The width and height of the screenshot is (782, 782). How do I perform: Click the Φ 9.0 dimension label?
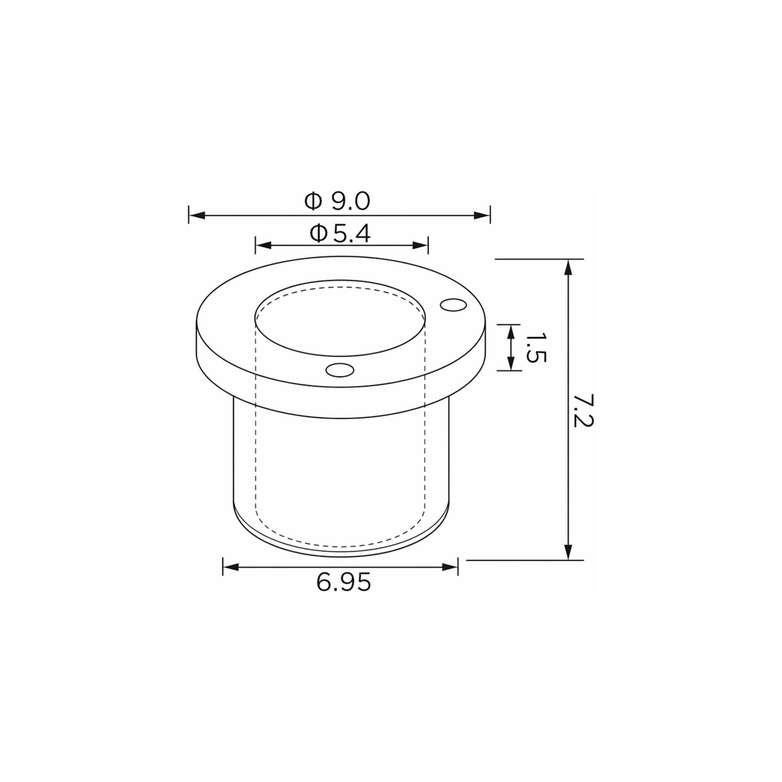click(337, 201)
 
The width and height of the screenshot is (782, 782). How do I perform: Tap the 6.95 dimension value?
click(344, 582)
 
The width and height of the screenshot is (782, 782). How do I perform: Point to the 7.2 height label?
click(584, 410)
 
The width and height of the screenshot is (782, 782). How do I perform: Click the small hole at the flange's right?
click(453, 305)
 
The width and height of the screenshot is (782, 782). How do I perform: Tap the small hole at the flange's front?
click(340, 370)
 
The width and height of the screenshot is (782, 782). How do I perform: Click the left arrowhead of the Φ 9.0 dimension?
click(197, 215)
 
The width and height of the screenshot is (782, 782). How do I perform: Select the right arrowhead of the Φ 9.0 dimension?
click(482, 215)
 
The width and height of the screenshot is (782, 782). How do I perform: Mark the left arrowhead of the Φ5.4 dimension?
click(263, 245)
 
